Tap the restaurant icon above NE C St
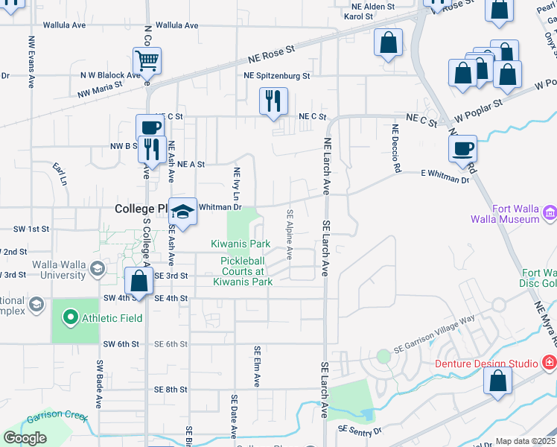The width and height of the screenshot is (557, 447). pos(273,100)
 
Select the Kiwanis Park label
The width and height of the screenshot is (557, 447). pos(240,244)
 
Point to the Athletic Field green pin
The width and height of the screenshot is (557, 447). pos(71,318)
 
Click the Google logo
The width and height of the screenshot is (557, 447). pos(25,438)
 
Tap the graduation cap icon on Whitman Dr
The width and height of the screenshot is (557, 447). pos(182,211)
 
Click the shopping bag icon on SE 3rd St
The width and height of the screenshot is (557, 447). pos(139,281)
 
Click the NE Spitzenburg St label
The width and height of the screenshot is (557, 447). pos(276,76)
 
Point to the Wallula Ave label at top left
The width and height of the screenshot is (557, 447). pos(64,25)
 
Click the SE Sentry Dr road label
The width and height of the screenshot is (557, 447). pos(360,430)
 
